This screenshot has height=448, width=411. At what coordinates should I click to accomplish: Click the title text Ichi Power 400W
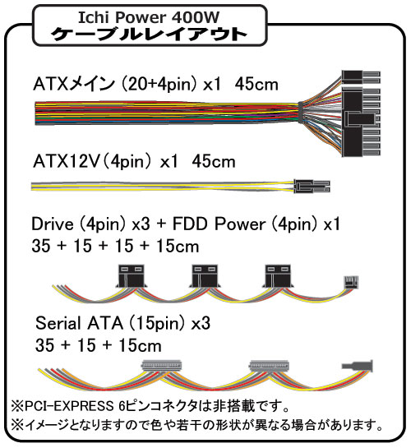coord(149,17)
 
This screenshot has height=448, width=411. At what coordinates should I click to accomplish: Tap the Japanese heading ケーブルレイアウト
coord(149,35)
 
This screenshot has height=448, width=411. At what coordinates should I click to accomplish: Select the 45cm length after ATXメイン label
coord(256,85)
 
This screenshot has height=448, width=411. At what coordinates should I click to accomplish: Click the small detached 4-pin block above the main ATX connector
coord(361,77)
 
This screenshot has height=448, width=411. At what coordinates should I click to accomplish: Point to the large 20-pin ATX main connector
coord(361,122)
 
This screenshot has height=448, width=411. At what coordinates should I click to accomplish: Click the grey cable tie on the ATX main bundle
coord(300,112)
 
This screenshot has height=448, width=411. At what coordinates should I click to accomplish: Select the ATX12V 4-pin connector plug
coord(312,186)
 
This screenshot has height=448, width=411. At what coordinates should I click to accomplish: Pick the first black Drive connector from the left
coord(132,276)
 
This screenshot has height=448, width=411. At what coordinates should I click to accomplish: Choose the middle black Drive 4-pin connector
coord(205,276)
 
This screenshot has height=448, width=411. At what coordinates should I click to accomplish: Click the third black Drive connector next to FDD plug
coord(278,276)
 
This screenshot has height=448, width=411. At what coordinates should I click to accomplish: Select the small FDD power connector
coord(351,282)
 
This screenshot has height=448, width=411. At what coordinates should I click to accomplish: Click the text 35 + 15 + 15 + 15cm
coord(115,246)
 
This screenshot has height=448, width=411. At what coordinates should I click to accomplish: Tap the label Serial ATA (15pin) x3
coord(122,323)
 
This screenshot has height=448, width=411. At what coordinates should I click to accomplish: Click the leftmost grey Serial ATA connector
coord(162,366)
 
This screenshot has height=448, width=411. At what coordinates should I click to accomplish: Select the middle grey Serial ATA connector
coord(269,366)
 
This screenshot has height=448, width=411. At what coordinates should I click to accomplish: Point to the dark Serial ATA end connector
coord(358,366)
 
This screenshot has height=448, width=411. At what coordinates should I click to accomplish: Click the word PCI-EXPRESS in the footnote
coord(69,406)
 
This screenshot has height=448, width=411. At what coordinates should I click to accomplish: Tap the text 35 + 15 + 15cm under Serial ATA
coord(99,345)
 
